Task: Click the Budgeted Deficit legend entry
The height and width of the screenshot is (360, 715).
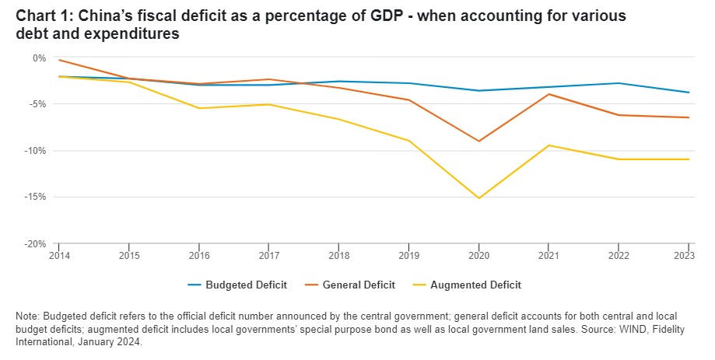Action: (237, 285)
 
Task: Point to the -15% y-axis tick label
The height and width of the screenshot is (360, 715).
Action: (36, 197)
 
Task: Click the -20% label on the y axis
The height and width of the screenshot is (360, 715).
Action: (36, 243)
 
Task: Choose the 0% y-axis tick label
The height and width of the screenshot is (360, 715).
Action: (40, 58)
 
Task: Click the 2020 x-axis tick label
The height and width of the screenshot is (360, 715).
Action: (478, 254)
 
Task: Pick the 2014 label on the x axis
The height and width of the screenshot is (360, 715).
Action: (58, 254)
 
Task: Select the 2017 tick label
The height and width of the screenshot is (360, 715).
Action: (269, 254)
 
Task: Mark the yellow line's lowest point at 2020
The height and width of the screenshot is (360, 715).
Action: (478, 198)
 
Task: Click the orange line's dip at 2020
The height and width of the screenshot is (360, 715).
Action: (478, 141)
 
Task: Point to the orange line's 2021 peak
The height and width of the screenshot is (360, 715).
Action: (549, 94)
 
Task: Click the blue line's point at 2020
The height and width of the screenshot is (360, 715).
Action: (478, 91)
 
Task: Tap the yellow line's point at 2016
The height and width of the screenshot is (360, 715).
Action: (198, 108)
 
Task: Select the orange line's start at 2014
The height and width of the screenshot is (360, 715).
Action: (59, 60)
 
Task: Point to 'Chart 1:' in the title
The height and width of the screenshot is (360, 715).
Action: (40, 16)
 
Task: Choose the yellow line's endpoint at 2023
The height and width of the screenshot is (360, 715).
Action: (689, 159)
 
